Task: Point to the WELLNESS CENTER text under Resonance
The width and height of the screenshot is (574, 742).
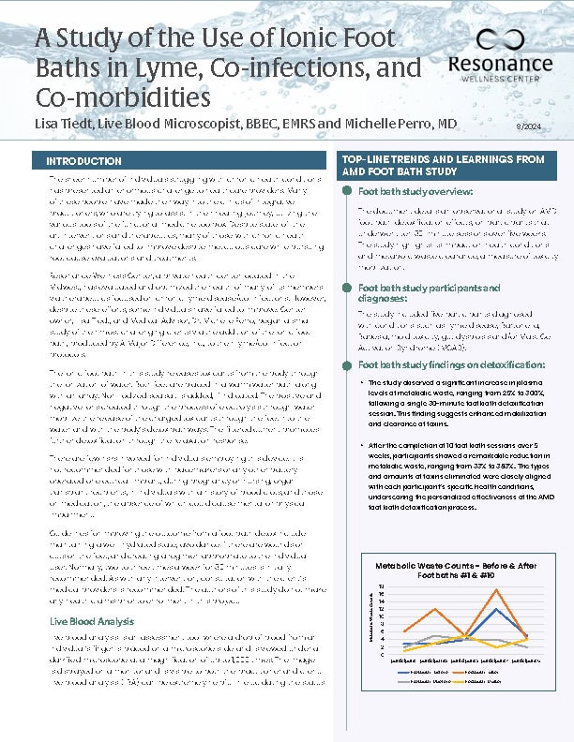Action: pos(494,82)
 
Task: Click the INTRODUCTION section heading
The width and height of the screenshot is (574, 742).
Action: pos(84,161)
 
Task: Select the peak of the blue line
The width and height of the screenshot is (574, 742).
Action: pos(495,608)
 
